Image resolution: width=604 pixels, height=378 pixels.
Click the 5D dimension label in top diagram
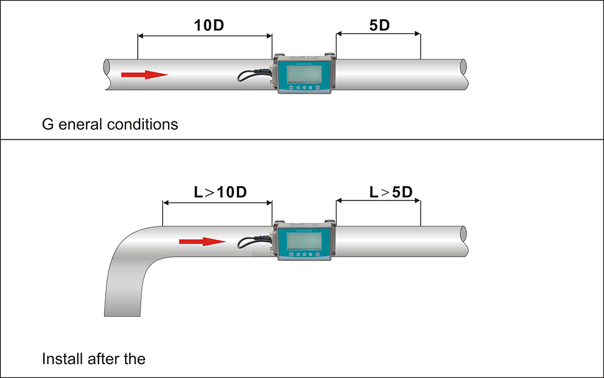coord(379,26)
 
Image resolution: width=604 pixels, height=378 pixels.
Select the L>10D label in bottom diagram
coord(220,193)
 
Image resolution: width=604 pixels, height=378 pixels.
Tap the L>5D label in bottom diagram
coord(390,193)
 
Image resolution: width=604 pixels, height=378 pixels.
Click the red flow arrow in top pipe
coord(144,75)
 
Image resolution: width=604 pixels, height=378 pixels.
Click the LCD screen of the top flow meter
coord(304,73)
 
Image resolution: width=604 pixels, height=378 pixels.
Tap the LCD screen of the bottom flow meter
coord(304,240)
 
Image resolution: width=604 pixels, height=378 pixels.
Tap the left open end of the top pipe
coord(107,75)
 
